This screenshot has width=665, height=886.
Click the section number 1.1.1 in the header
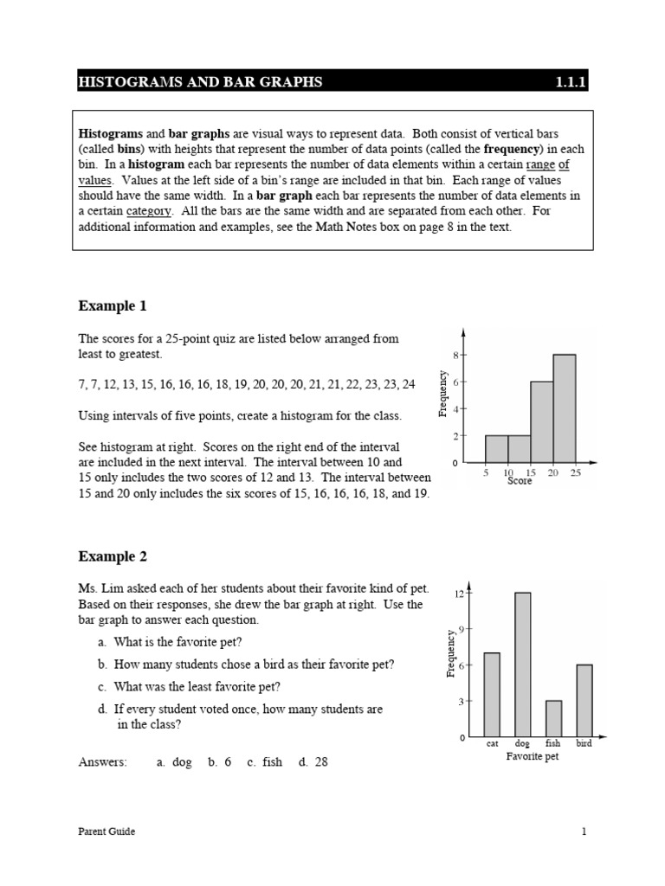coord(571,82)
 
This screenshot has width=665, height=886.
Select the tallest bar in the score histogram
coord(564,408)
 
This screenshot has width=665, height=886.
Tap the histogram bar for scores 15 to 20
coord(541,421)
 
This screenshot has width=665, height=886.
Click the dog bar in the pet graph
coord(522,664)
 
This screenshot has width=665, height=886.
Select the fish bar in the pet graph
coord(553,719)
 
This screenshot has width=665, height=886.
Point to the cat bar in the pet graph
coord(492,695)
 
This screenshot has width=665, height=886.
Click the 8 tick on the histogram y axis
coord(455,355)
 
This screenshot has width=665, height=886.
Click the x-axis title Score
coord(520,481)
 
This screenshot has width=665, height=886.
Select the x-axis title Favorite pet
coord(532,756)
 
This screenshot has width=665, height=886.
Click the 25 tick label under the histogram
coord(576,472)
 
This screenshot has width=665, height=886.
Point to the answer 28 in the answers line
coord(321,762)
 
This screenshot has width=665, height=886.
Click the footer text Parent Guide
coord(107,831)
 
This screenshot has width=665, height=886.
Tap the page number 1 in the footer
coord(584,831)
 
